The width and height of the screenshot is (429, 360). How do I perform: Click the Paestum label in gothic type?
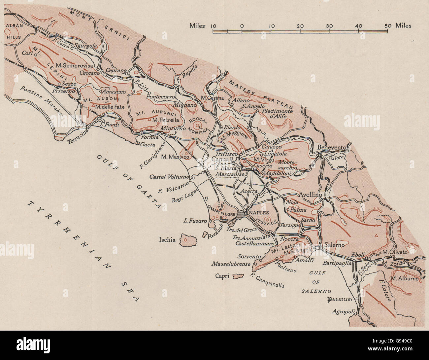(x=340, y=300)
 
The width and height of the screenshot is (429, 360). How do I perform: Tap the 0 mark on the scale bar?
(x=242, y=26)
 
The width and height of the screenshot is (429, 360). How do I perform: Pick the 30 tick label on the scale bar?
(x=329, y=26)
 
